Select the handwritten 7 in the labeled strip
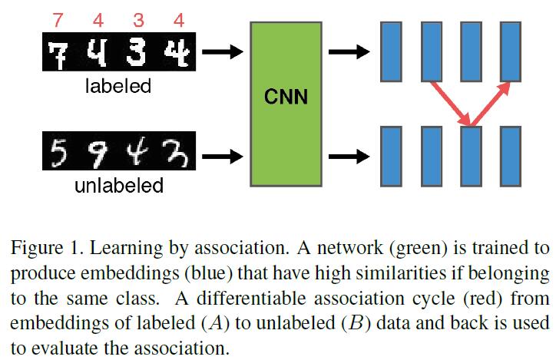click(x=57, y=54)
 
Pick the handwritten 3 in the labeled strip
click(x=137, y=54)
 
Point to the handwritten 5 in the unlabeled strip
click(x=57, y=156)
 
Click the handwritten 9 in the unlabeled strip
click(x=97, y=156)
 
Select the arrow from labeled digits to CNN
click(x=223, y=54)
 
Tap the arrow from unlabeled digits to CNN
click(x=223, y=156)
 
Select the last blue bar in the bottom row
click(x=511, y=156)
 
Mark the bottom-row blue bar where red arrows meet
click(x=471, y=156)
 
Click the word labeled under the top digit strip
click(x=118, y=86)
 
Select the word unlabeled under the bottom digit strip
click(x=118, y=186)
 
